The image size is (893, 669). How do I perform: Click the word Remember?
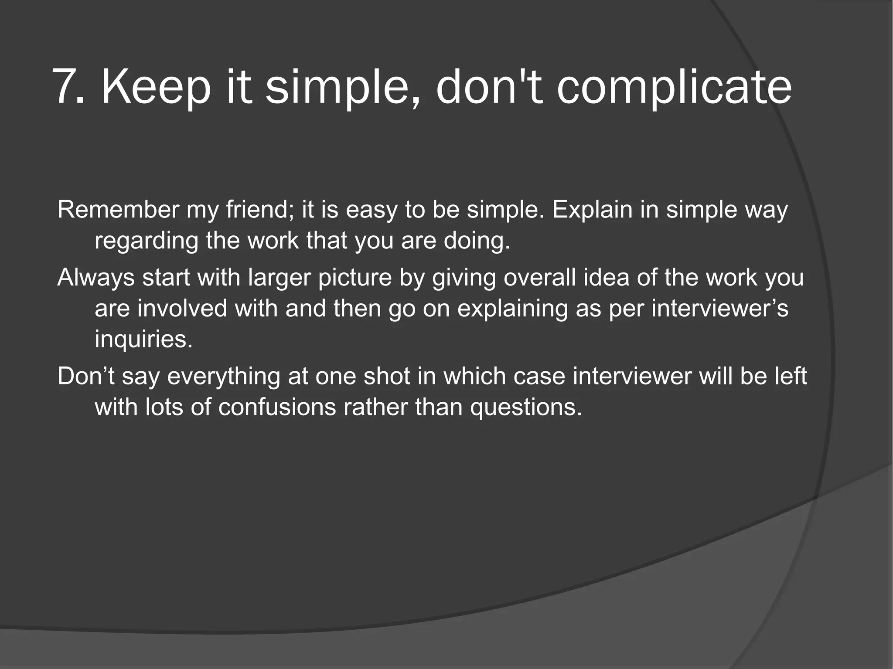point(118,210)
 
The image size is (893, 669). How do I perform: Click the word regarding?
point(146,241)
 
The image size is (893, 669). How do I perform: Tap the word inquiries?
point(143,339)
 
